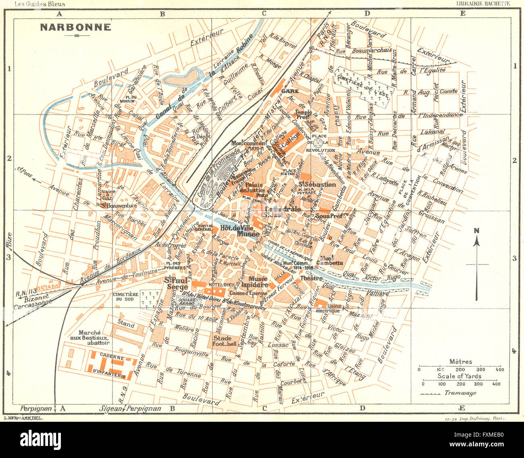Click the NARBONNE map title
(75, 27)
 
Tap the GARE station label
(290, 91)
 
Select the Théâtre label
(311, 278)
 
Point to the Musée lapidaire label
(258, 282)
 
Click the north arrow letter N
(476, 231)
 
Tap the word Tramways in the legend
(460, 393)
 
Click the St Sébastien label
(317, 184)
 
